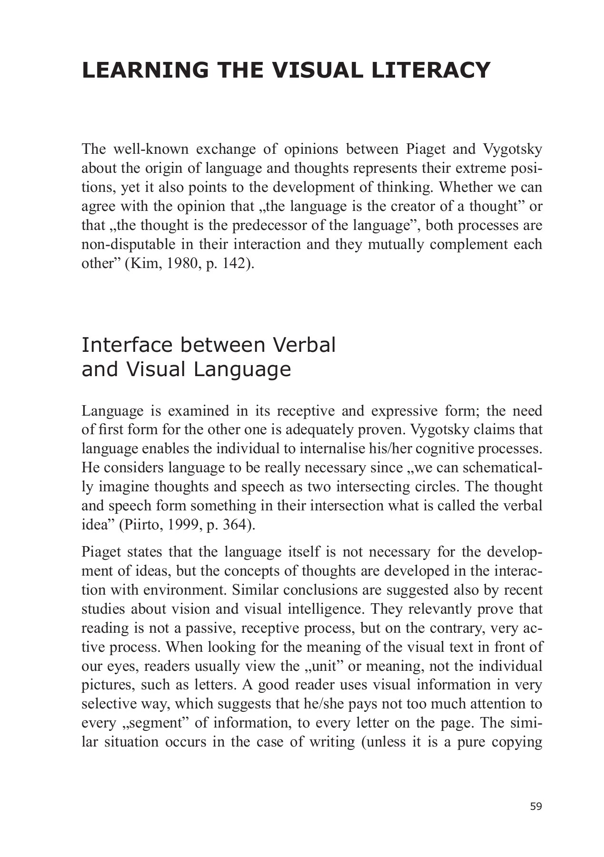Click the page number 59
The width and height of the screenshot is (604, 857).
[536, 807]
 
